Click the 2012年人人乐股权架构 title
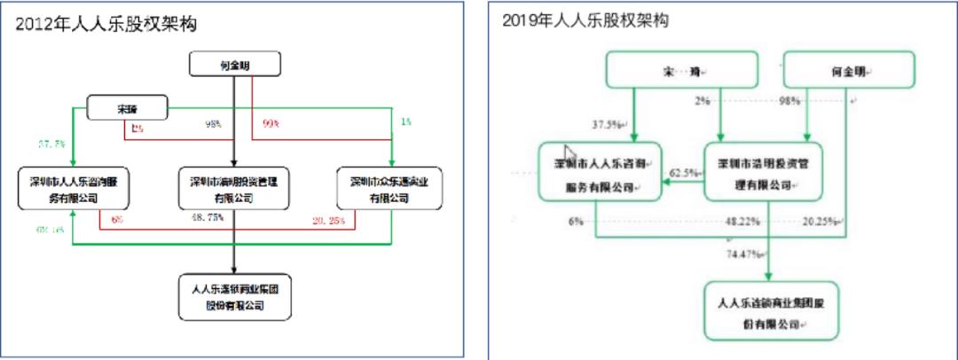pos(106,25)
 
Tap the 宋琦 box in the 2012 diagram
pos(127,109)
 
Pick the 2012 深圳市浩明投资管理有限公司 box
pos(234,189)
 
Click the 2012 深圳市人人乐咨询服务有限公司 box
pos(73,189)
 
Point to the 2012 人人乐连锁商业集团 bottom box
pos(234,298)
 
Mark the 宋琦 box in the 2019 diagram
pos(681,69)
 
